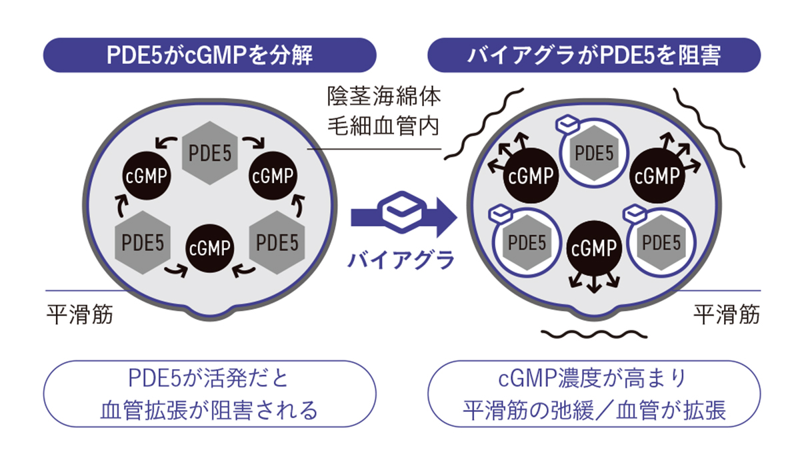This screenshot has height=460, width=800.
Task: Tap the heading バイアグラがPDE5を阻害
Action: [594, 55]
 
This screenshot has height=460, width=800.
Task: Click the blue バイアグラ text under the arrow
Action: [400, 257]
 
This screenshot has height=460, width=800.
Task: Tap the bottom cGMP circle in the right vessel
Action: [593, 250]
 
